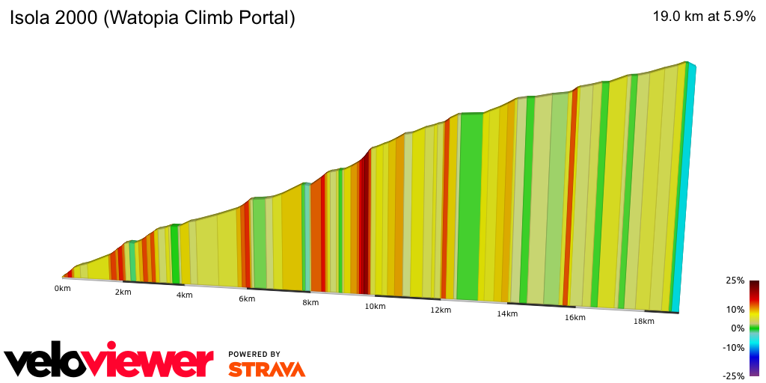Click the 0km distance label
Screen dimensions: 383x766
pyautogui.click(x=62, y=288)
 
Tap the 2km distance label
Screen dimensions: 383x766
pyautogui.click(x=123, y=292)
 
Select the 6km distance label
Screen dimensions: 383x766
pyautogui.click(x=247, y=299)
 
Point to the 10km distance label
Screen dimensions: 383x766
pyautogui.click(x=375, y=307)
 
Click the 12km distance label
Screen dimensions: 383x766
pyautogui.click(x=441, y=310)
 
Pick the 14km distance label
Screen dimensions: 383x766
pyautogui.click(x=507, y=314)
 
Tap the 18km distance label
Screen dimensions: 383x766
pyautogui.click(x=643, y=322)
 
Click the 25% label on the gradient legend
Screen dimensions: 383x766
pyautogui.click(x=735, y=281)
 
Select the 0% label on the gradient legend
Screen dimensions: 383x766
pyautogui.click(x=738, y=328)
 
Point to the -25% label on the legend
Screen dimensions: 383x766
pyautogui.click(x=734, y=376)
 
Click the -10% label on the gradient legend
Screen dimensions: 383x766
pyautogui.click(x=734, y=347)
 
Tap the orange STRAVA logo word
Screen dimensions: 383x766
pyautogui.click(x=266, y=369)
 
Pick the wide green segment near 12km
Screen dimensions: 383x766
pyautogui.click(x=469, y=206)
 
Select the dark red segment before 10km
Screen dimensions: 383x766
pyautogui.click(x=364, y=224)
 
